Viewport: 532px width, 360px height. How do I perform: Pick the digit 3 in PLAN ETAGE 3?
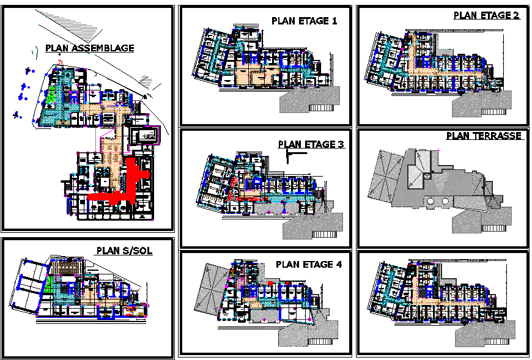341,145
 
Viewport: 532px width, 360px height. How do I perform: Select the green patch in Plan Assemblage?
53,95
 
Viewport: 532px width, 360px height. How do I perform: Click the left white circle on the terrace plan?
432,201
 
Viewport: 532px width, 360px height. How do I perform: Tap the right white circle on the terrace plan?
445,201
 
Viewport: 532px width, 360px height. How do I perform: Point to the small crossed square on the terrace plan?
427,175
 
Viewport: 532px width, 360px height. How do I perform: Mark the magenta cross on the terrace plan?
439,150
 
